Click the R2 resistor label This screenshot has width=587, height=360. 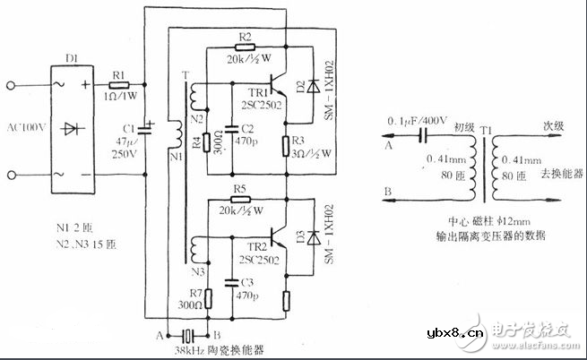(x=246, y=34)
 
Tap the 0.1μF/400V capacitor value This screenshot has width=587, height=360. (x=416, y=122)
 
